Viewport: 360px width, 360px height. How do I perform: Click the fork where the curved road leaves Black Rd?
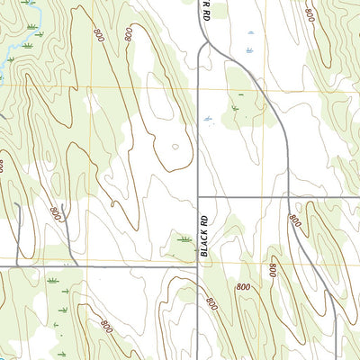point(206,41)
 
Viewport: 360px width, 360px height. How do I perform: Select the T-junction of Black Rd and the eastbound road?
point(198,196)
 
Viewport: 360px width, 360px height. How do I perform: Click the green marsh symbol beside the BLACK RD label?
point(185,239)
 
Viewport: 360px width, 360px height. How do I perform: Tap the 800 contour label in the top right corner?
point(310,15)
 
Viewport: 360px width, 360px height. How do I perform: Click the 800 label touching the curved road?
point(294,221)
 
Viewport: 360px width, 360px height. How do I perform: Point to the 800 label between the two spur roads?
point(56,214)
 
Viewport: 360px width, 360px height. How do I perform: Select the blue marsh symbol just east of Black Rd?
point(209,117)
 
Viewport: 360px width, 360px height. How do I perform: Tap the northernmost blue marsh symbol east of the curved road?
point(249,33)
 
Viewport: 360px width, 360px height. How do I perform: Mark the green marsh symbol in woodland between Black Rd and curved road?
point(236,108)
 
